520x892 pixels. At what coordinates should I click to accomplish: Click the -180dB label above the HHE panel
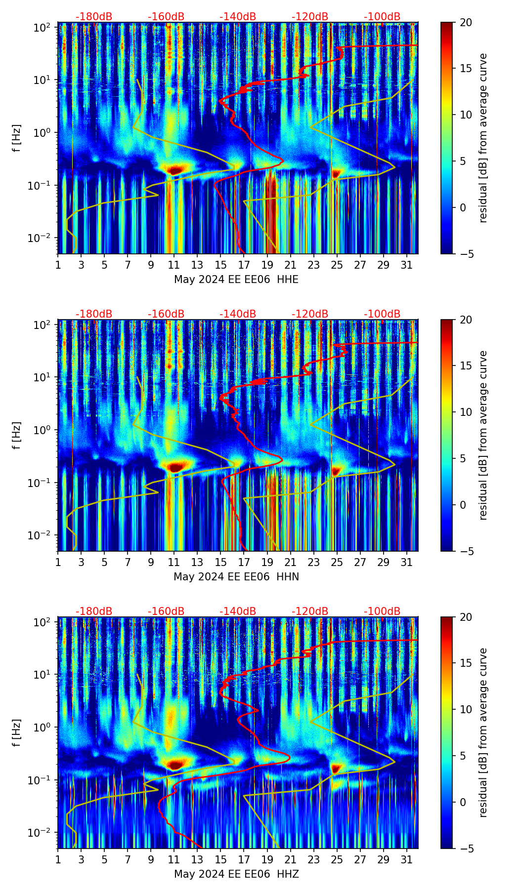coord(94,17)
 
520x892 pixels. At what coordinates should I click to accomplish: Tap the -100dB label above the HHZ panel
coord(382,611)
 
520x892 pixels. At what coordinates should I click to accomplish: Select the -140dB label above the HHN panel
coord(238,314)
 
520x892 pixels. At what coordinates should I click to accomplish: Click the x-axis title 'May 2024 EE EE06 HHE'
coord(236,280)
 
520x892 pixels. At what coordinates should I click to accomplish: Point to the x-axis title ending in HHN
coord(236,577)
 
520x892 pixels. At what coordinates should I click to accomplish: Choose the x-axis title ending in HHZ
coord(236,874)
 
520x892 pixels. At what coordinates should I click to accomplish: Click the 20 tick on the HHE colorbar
coord(466,22)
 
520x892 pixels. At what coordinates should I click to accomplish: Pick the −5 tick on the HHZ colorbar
coord(466,849)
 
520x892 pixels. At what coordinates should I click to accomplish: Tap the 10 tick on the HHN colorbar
coord(466,412)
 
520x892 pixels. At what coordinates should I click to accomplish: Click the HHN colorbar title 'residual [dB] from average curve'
coord(483,435)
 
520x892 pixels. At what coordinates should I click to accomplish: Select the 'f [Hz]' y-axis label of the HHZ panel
coord(17,733)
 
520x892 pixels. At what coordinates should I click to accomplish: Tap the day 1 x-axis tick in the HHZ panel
coord(58,859)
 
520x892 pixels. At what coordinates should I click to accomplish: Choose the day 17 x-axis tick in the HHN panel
coord(244,562)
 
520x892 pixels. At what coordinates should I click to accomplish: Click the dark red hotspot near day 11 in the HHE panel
coord(174,170)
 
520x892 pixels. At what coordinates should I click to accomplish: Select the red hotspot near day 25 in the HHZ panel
coord(336,769)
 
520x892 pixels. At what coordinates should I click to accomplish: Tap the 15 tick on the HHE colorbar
coord(466,68)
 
